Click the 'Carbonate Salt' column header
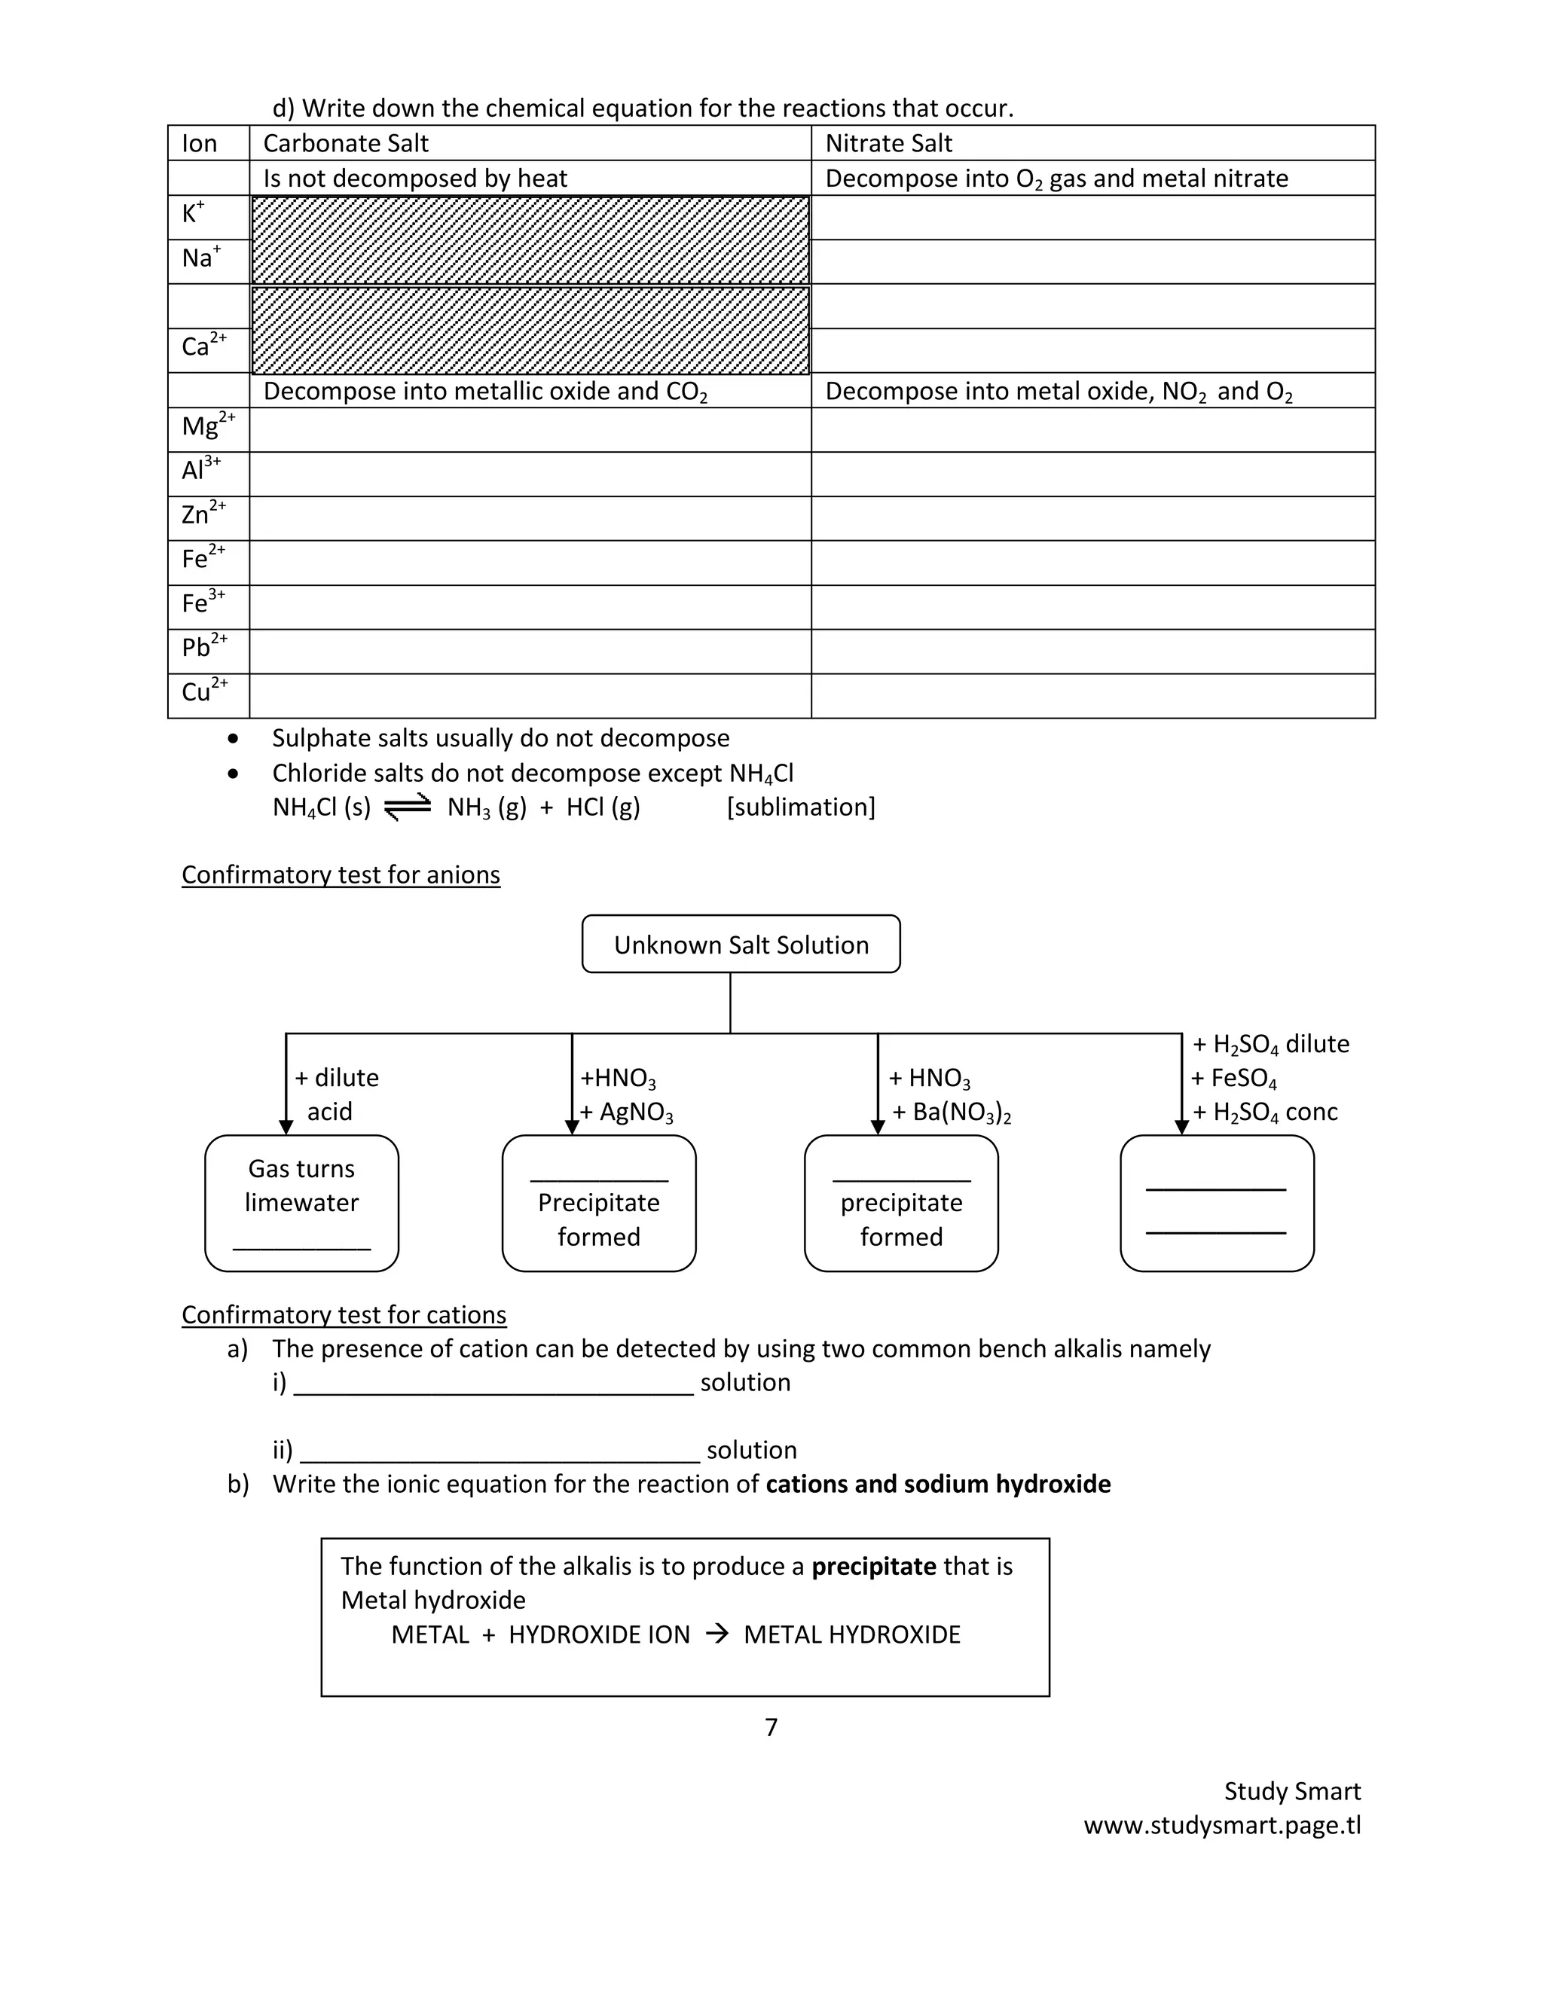pos(346,143)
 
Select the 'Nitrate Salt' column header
pos(888,143)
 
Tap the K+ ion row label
pos(193,214)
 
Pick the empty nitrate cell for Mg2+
pos(1092,429)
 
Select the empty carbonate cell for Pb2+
pos(530,652)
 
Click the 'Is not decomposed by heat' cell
pos(415,179)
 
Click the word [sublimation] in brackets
pos(801,807)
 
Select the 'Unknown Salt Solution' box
pos(741,944)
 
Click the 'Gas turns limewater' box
pos(301,1202)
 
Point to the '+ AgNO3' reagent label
pos(627,1112)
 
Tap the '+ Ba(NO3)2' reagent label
pos(951,1112)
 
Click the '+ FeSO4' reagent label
pos(1233,1079)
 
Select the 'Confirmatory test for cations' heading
pos(344,1314)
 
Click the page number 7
pos(771,1726)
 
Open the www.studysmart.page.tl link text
pos(1222,1825)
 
